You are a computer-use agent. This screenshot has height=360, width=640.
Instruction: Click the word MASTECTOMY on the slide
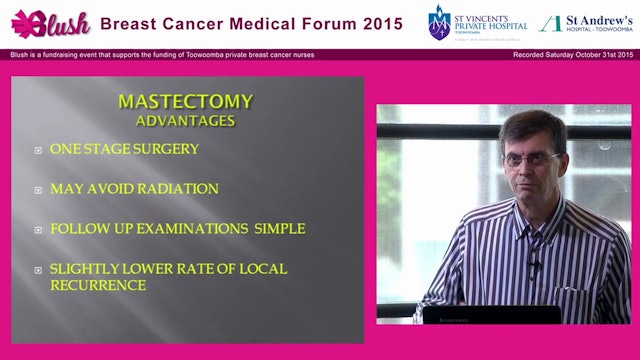click(185, 101)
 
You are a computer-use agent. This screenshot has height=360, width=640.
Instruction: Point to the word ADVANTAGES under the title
click(185, 120)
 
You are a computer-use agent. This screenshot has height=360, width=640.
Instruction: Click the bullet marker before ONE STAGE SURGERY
click(38, 150)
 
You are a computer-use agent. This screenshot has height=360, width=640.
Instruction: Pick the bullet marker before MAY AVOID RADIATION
click(38, 189)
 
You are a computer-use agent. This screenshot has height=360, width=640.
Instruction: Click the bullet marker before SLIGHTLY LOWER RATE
click(38, 270)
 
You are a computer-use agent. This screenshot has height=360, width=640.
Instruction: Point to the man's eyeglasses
click(531, 159)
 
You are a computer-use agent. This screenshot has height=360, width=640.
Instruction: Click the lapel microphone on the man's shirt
click(534, 266)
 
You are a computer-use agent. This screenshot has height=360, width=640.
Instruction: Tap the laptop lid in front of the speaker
click(490, 314)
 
